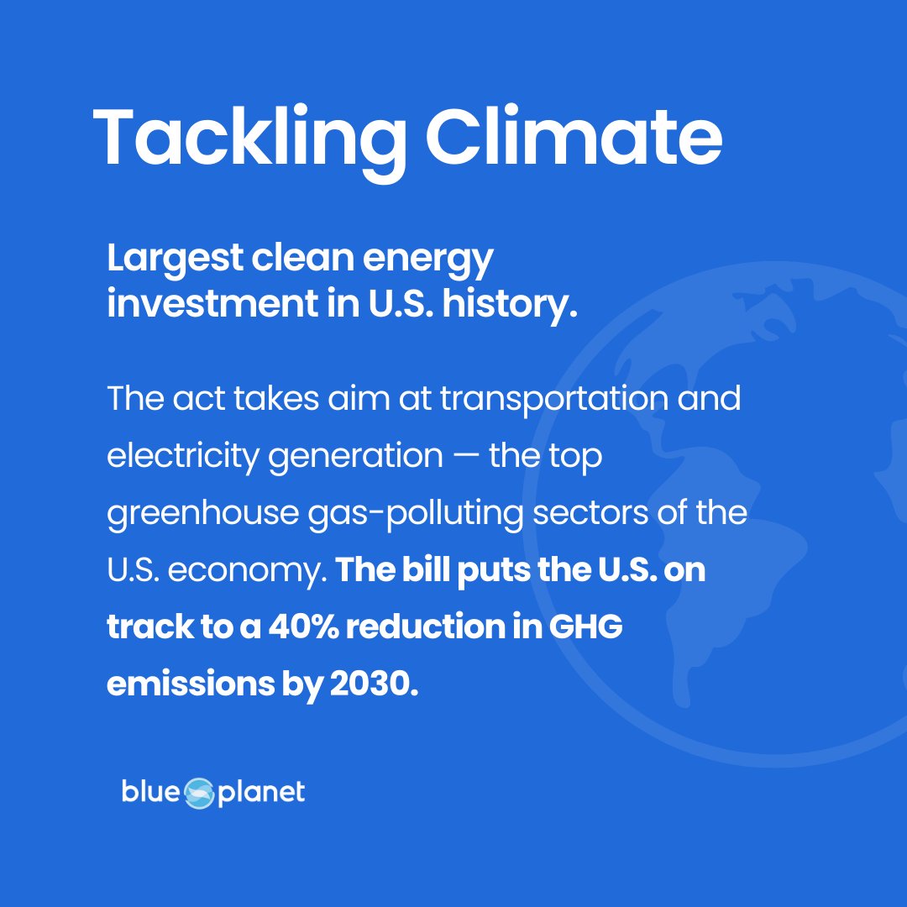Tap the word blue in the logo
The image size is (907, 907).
point(150,791)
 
